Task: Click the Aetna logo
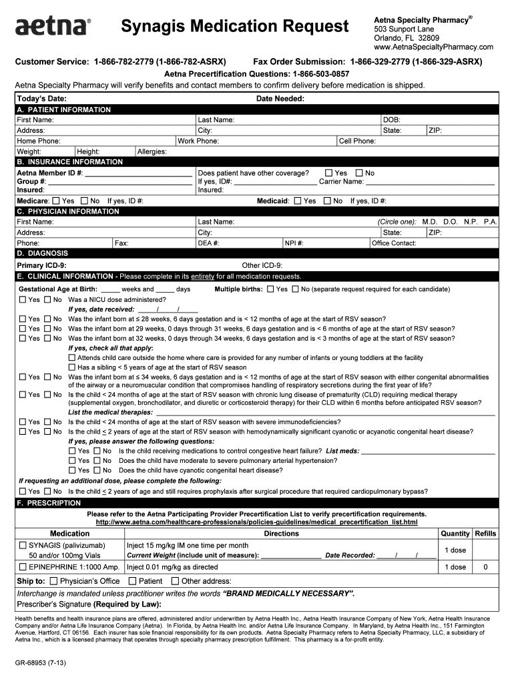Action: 52,27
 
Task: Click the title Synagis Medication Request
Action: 235,27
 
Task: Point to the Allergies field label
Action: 152,152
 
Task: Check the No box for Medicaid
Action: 327,200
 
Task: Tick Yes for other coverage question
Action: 328,173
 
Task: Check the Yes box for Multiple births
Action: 270,290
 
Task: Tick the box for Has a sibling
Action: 72,367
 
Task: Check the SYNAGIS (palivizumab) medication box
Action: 23,546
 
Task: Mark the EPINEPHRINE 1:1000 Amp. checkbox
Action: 23,567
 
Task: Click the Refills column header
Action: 485,534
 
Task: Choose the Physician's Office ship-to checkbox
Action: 54,581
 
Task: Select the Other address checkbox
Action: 176,581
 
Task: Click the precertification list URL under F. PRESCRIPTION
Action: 256,522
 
